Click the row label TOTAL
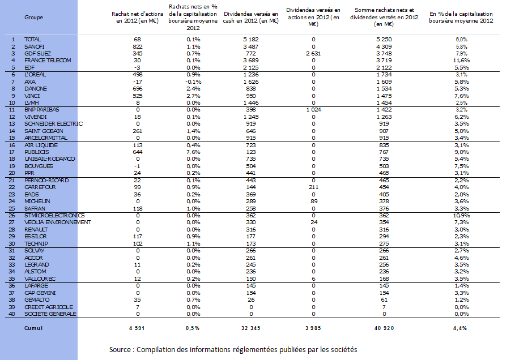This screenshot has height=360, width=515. tap(32, 40)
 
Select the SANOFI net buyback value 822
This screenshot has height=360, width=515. tap(137, 46)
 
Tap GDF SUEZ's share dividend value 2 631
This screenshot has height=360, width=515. tap(313, 54)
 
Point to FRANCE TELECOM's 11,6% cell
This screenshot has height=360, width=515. tap(462, 61)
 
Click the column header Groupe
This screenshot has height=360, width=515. tap(33, 18)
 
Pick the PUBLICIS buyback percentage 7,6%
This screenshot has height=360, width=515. tap(193, 152)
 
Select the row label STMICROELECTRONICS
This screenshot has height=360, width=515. tap(54, 215)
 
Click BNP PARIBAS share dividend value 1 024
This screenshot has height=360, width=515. tap(313, 110)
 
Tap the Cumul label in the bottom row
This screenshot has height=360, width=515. tap(33, 328)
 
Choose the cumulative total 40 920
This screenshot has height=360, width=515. tap(384, 328)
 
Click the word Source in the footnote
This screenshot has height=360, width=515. tap(120, 349)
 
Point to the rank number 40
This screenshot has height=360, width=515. tap(12, 314)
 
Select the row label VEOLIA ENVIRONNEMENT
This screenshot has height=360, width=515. tap(57, 222)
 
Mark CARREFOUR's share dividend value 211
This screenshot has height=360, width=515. tap(313, 187)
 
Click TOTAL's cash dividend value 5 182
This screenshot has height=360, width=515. tap(251, 40)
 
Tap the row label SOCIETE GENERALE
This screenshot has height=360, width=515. tap(50, 314)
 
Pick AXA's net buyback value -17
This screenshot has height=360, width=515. tap(137, 82)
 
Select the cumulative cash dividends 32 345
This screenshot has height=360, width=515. tap(250, 328)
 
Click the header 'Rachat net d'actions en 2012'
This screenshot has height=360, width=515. tap(137, 18)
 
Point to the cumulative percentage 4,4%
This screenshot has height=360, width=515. tap(460, 328)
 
